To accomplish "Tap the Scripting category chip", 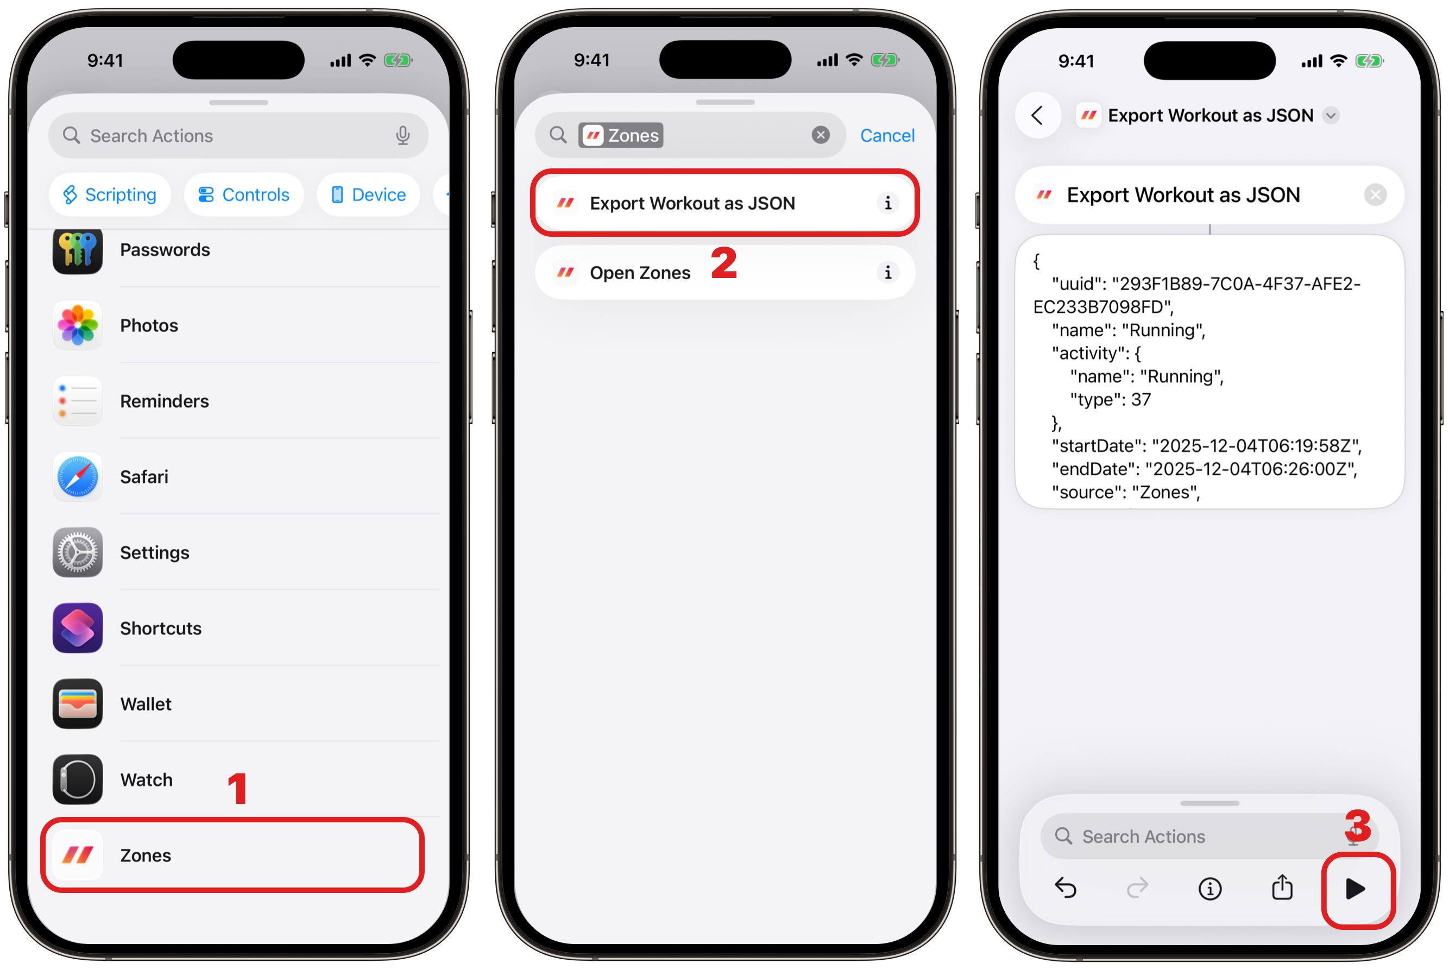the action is coord(109,194).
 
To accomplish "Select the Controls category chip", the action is coord(243,194).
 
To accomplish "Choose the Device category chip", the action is coord(369,194).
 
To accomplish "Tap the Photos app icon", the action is coord(77,325).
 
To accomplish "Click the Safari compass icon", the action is coord(77,476).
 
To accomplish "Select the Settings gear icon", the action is coord(77,552).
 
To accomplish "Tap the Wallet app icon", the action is coord(77,704).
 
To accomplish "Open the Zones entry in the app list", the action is coord(232,855).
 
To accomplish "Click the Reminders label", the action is coord(165,401).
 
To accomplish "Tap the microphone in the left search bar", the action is coord(403,135).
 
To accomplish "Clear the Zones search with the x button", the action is coord(821,135).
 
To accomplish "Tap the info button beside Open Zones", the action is coord(888,273).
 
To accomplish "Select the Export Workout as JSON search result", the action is coord(725,203).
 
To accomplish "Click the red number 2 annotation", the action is coord(724,263).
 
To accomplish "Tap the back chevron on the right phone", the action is coord(1037,115).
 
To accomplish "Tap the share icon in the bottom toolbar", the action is coord(1282,888).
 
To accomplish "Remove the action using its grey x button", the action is coord(1376,196).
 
